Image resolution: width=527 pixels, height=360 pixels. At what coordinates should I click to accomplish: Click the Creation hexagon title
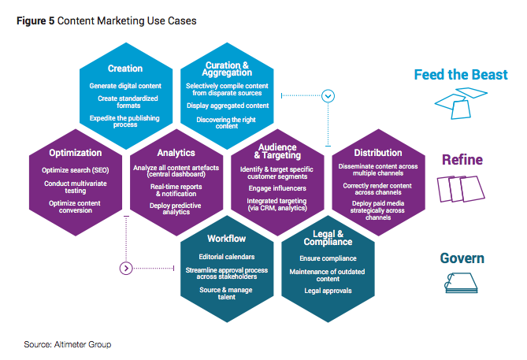tap(125, 69)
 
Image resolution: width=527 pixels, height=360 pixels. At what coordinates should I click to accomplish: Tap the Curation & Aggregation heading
tap(227, 69)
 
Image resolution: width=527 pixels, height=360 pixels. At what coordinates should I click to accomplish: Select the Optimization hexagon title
tap(76, 153)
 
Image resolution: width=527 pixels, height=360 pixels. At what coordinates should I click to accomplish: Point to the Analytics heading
tap(176, 153)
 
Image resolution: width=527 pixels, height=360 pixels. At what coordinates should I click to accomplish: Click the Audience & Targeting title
tap(277, 151)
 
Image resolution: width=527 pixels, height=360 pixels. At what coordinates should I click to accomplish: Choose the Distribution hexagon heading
tap(378, 153)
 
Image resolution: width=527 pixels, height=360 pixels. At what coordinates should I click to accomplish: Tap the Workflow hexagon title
tap(227, 239)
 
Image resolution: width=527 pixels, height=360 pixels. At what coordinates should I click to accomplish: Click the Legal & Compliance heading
tap(328, 238)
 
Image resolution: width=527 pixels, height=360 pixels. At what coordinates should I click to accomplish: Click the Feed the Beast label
tap(461, 75)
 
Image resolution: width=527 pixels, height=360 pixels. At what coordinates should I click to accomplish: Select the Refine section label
tap(462, 160)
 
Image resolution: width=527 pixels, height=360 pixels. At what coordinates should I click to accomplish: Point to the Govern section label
tap(462, 258)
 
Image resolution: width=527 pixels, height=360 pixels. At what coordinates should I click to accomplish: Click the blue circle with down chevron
tap(328, 96)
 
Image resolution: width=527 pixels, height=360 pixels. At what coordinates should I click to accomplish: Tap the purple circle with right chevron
tap(126, 269)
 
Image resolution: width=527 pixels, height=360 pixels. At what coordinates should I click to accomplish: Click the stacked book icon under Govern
tap(461, 283)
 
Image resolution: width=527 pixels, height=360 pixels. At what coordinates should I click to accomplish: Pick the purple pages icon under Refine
tap(461, 189)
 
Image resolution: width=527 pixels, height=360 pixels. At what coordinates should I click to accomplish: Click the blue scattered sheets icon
tap(461, 103)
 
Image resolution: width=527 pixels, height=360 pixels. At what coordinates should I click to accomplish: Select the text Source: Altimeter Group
tap(68, 344)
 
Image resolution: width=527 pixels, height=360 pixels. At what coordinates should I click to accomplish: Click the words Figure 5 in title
tap(35, 20)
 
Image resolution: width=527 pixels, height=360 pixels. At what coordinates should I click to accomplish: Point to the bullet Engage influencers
tap(277, 188)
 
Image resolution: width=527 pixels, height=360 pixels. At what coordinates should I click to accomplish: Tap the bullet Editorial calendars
tap(227, 257)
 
